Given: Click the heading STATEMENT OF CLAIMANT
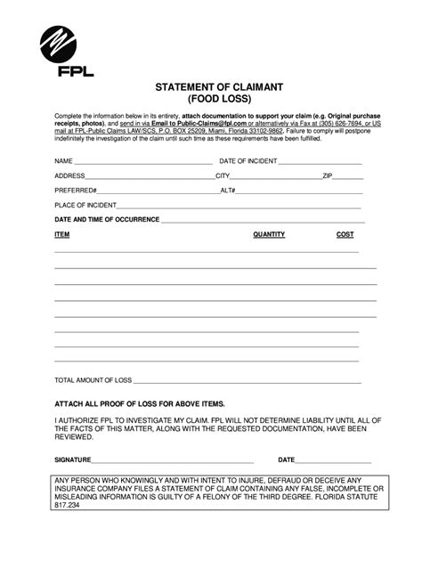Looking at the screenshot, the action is [x=210, y=87].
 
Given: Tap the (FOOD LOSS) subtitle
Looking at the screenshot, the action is [x=210, y=101].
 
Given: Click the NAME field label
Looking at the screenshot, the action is [x=62, y=163].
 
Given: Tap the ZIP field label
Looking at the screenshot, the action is [x=328, y=176].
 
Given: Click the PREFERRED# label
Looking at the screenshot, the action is [x=76, y=191].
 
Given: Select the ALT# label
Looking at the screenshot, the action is [x=228, y=191].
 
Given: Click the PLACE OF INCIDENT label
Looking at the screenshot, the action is [x=85, y=205].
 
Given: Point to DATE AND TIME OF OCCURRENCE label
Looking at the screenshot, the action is [x=107, y=219].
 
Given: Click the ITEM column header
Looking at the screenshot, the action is [x=62, y=234].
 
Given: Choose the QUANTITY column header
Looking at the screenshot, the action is [x=269, y=234].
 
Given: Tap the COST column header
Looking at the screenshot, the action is [x=345, y=234].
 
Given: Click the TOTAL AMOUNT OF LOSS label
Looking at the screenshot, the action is [x=93, y=380].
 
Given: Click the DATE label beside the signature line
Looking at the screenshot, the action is [x=287, y=460].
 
